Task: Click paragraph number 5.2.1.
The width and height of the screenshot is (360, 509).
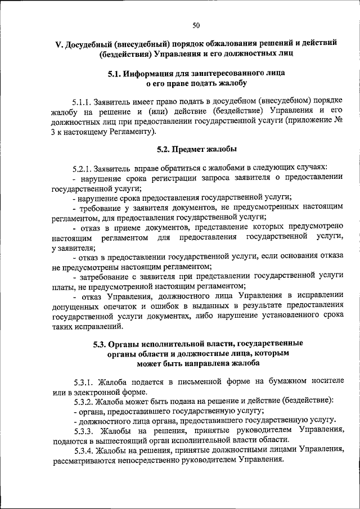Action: click(84, 168)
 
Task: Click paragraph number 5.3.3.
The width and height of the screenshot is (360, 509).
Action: click(84, 430)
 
